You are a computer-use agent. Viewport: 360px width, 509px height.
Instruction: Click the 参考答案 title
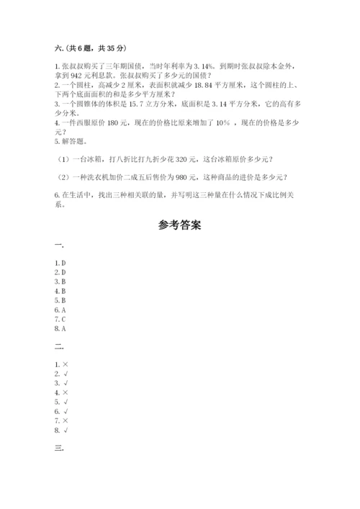click(x=179, y=225)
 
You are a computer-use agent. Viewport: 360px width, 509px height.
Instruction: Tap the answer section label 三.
click(x=58, y=450)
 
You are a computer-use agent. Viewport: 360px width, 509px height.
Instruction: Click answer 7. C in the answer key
click(x=60, y=318)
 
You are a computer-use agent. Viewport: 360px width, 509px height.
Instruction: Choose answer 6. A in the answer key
click(x=60, y=309)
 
